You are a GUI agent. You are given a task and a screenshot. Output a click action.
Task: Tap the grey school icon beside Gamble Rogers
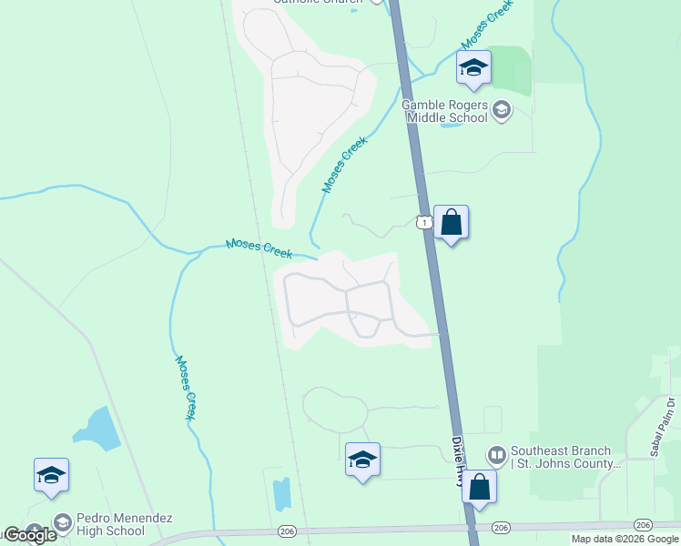click(501, 112)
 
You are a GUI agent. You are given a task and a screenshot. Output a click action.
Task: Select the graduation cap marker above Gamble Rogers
click(473, 67)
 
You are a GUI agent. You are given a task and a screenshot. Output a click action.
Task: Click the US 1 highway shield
click(422, 222)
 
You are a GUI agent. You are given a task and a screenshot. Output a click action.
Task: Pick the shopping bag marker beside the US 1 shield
click(451, 222)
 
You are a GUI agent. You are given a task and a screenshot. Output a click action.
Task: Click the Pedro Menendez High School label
click(111, 524)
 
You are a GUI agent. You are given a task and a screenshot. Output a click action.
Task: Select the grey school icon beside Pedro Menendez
click(62, 523)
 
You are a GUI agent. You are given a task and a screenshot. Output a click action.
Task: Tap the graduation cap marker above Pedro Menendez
click(51, 475)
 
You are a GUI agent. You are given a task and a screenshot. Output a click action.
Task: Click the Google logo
click(29, 535)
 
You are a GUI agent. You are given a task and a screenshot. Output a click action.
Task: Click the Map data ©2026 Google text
click(625, 539)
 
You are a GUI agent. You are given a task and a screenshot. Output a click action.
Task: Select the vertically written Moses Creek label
click(185, 387)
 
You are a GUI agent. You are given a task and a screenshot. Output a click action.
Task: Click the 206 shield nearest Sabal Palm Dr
click(643, 525)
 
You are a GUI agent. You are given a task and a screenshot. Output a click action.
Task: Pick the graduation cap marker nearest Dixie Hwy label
click(362, 460)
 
